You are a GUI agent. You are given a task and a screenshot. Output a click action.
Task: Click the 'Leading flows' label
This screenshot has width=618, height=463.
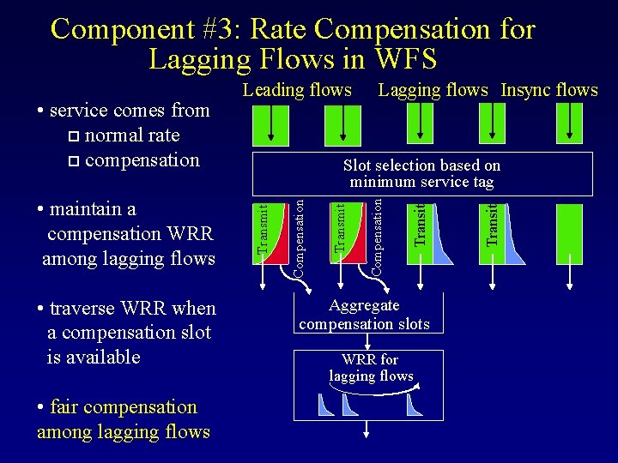pyautogui.click(x=297, y=90)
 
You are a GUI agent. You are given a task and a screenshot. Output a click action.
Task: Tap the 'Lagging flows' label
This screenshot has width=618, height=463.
pyautogui.click(x=433, y=90)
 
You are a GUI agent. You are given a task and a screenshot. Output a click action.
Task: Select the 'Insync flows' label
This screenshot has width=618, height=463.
pyautogui.click(x=549, y=90)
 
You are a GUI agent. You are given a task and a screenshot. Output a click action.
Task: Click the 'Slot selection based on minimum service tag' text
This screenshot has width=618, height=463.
pyautogui.click(x=421, y=173)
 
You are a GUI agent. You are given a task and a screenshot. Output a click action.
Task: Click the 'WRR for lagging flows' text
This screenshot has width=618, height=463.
pyautogui.click(x=371, y=368)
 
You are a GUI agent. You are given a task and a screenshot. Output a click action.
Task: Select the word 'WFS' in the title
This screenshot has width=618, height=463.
pyautogui.click(x=406, y=60)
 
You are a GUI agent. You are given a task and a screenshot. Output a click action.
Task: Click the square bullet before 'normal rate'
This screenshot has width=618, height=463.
pyautogui.click(x=72, y=136)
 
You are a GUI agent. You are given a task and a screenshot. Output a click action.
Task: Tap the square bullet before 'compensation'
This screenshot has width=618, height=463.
pyautogui.click(x=72, y=161)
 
